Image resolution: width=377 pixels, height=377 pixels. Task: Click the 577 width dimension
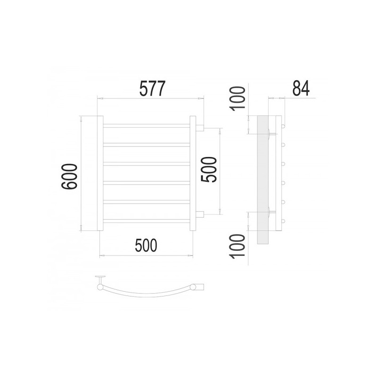click(152, 89)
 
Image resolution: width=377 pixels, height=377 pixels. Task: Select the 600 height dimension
click(69, 176)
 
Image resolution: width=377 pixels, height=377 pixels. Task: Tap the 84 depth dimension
click(301, 89)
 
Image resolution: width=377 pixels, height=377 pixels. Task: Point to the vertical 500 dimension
click(209, 170)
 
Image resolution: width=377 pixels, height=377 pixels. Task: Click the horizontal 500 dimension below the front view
click(146, 246)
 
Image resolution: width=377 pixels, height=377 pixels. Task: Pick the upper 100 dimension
click(238, 99)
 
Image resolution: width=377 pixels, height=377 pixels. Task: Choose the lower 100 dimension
click(238, 246)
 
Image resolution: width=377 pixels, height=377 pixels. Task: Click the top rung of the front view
click(147, 126)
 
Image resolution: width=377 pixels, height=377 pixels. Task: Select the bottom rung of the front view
click(147, 221)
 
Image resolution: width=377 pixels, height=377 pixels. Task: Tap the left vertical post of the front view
click(100, 173)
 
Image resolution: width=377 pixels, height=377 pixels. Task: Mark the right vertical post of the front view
click(193, 173)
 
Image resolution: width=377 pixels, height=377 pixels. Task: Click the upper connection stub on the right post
click(200, 128)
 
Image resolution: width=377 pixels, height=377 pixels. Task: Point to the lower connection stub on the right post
click(200, 214)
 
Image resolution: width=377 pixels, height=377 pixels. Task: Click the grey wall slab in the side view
click(263, 180)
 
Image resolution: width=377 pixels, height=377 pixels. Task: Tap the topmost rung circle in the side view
click(283, 126)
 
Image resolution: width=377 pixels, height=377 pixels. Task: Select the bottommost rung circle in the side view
click(283, 221)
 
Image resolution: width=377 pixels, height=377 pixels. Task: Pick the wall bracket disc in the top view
click(100, 277)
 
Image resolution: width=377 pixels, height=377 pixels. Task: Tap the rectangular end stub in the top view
click(200, 287)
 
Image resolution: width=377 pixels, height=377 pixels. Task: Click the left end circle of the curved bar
click(99, 287)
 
